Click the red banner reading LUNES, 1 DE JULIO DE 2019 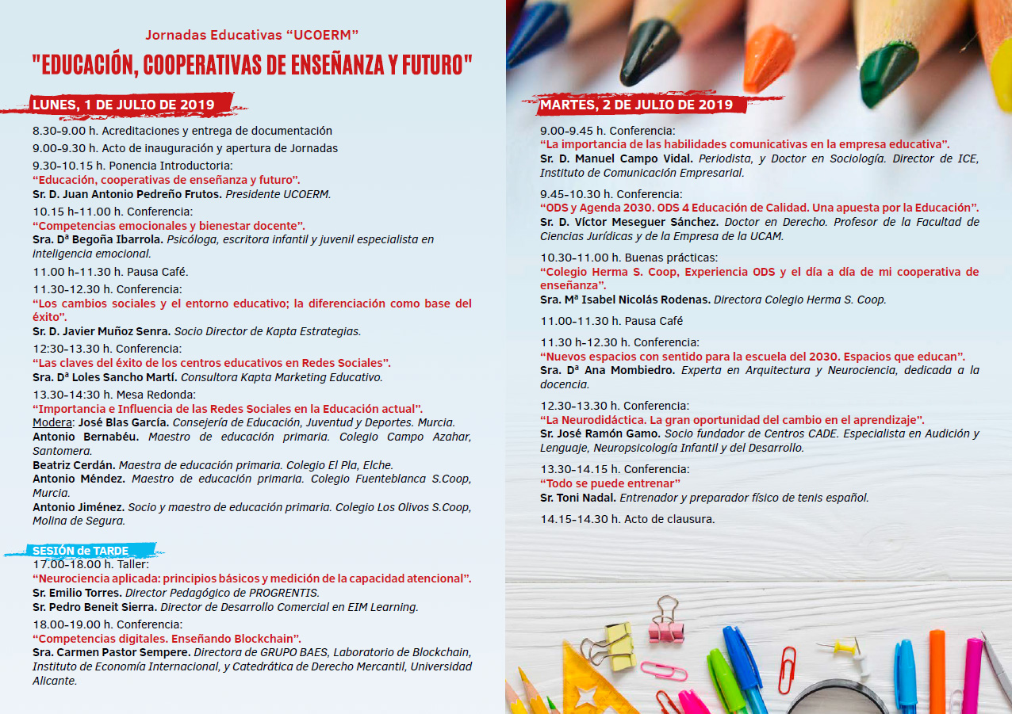point(123,105)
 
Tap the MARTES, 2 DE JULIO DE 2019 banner point(636,105)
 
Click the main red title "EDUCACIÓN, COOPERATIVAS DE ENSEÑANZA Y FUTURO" point(252,65)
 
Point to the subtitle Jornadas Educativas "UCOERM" point(252,35)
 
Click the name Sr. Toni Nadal point(577,498)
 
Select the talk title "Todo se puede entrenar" point(611,483)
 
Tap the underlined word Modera point(52,423)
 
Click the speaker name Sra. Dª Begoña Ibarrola point(99,239)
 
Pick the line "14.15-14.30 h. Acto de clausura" point(627,519)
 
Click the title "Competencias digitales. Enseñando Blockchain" point(167,639)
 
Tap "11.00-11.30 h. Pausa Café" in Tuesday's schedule point(611,321)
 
